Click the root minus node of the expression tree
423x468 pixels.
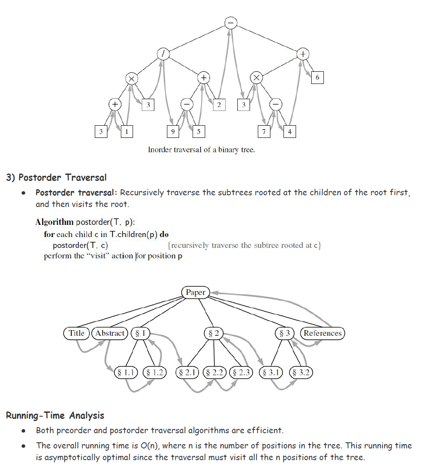231,23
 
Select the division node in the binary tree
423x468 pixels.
163,54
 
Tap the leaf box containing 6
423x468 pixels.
317,77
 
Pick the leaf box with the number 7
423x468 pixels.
263,131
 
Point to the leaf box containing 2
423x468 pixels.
219,104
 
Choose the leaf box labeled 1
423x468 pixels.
127,131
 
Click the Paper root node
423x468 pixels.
195,293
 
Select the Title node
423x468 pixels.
77,334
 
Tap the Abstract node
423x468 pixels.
110,334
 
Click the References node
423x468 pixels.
323,334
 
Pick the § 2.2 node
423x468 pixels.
214,373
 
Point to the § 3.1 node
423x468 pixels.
271,373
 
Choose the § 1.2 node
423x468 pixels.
155,373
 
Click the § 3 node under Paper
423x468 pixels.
285,334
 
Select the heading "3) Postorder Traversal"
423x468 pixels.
56,177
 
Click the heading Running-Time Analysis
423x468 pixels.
55,415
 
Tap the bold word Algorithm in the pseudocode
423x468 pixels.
54,222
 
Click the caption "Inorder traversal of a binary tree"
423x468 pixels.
201,150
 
